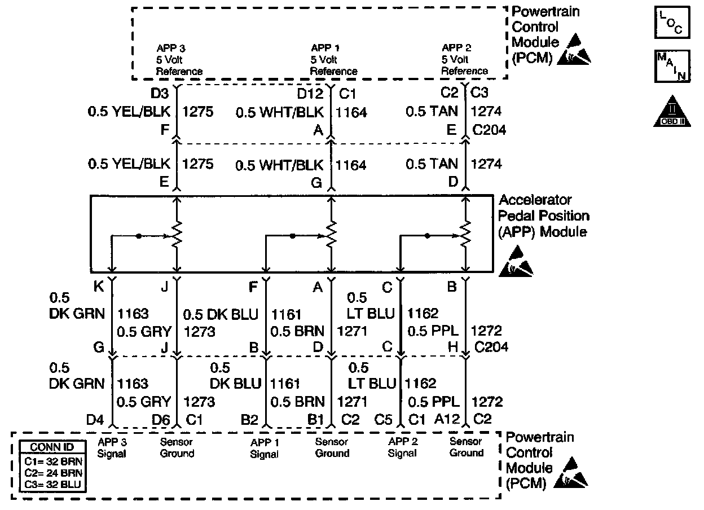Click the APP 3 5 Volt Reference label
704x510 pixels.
click(179, 60)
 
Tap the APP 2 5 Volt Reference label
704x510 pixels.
click(464, 60)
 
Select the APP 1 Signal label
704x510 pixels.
click(264, 448)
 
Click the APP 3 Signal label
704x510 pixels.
click(112, 448)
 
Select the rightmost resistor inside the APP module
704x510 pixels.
click(465, 234)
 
